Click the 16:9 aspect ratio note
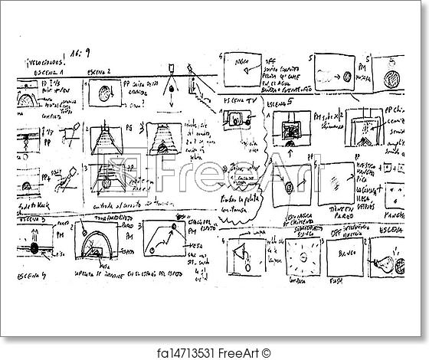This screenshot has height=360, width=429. pyautogui.click(x=87, y=55)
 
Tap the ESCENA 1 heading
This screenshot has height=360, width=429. pyautogui.click(x=48, y=71)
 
